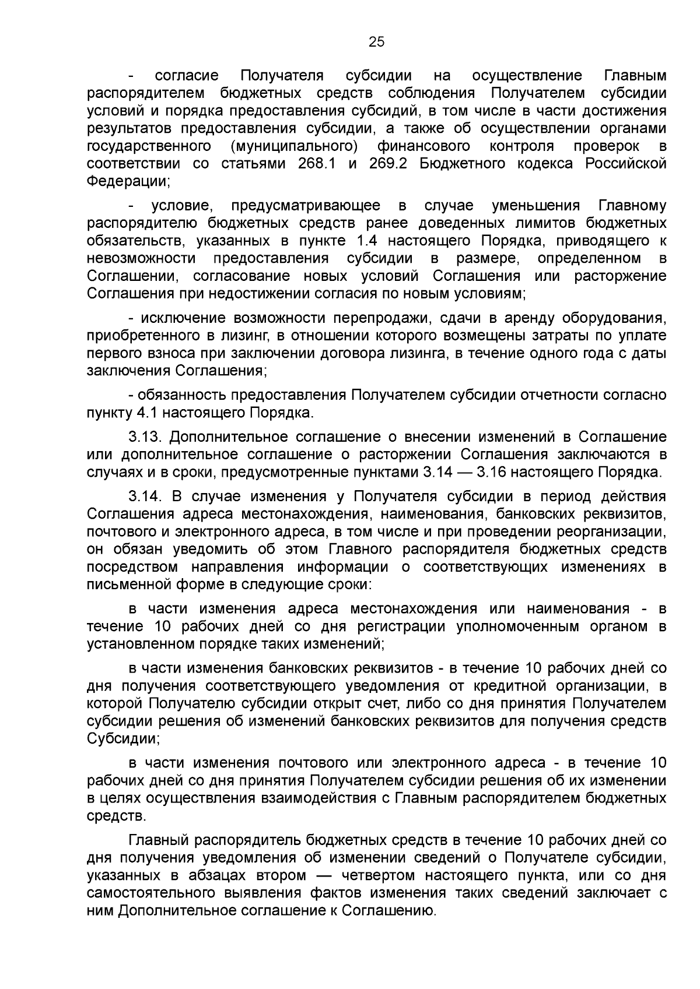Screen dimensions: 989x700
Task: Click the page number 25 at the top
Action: pyautogui.click(x=376, y=41)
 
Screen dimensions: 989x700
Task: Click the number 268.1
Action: pyautogui.click(x=317, y=164)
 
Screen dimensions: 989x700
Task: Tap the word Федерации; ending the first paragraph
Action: pyautogui.click(x=128, y=181)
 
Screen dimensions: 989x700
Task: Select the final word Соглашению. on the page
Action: pyautogui.click(x=388, y=910)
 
